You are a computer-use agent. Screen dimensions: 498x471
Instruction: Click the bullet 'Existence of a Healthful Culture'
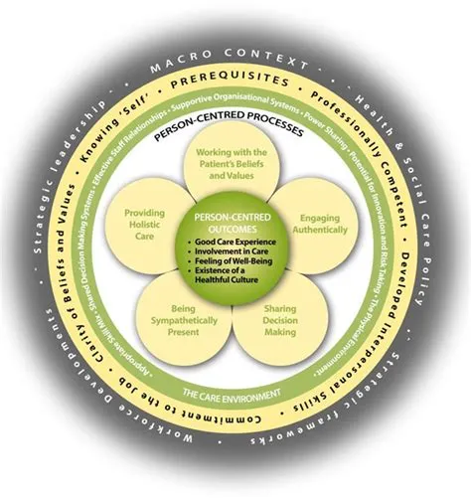[236, 280]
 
